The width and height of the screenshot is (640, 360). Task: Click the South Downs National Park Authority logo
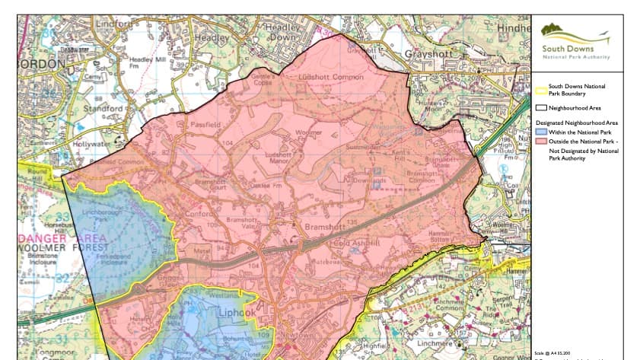[575, 42]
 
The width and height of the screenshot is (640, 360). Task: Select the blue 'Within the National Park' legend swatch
[540, 132]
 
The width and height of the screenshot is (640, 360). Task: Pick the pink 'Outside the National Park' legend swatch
[540, 142]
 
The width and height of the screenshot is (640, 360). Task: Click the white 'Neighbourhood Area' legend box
[540, 108]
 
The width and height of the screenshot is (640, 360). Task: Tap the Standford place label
[104, 109]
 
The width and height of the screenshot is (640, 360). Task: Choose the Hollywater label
[92, 143]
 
